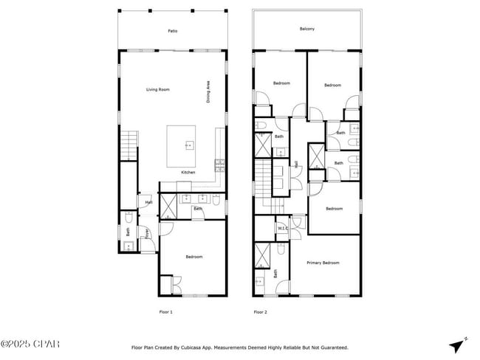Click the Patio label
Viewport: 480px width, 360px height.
[x=172, y=31]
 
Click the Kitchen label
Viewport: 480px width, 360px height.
[x=188, y=172]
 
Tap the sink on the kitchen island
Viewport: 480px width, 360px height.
[x=188, y=145]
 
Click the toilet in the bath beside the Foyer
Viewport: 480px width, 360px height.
[x=129, y=218]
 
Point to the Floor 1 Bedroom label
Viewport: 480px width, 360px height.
[x=193, y=256]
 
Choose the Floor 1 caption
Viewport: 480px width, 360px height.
[x=166, y=312]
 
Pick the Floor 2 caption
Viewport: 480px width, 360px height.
[x=260, y=312]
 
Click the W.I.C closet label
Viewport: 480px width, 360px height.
[x=282, y=228]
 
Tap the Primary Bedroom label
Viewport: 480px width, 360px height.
[x=324, y=263]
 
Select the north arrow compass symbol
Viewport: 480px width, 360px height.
[x=457, y=345]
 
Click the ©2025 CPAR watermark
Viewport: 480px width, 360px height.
[x=30, y=345]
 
